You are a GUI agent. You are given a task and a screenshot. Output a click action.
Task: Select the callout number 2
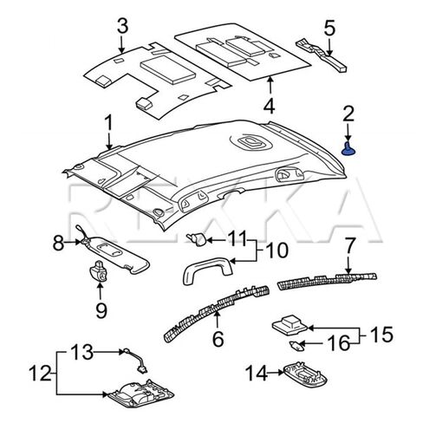point(348,113)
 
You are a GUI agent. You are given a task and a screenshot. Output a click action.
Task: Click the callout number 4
point(269,107)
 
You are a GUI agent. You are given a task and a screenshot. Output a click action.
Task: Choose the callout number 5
point(329,27)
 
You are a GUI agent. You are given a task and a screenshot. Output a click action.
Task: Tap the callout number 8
point(58,244)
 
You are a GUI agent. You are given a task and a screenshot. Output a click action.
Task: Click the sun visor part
point(121,252)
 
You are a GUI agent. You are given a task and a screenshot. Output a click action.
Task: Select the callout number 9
point(101,309)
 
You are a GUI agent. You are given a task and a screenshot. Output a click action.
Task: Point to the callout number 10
point(276,251)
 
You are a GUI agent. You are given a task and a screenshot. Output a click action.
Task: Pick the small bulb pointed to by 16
point(297,344)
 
